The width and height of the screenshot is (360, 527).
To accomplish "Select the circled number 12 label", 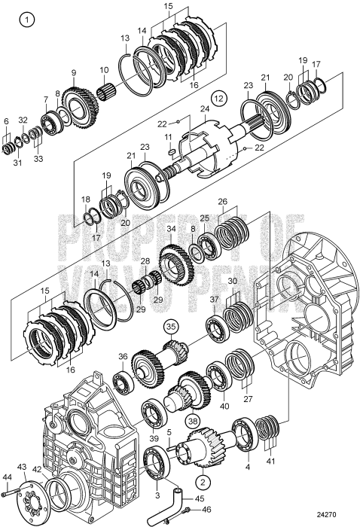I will click(218, 97).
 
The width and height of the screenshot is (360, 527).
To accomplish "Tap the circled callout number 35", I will click(172, 327).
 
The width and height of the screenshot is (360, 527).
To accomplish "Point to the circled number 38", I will click(194, 422).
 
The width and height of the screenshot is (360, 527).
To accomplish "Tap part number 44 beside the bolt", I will click(8, 477).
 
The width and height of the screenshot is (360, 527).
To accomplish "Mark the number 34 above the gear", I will click(172, 229).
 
